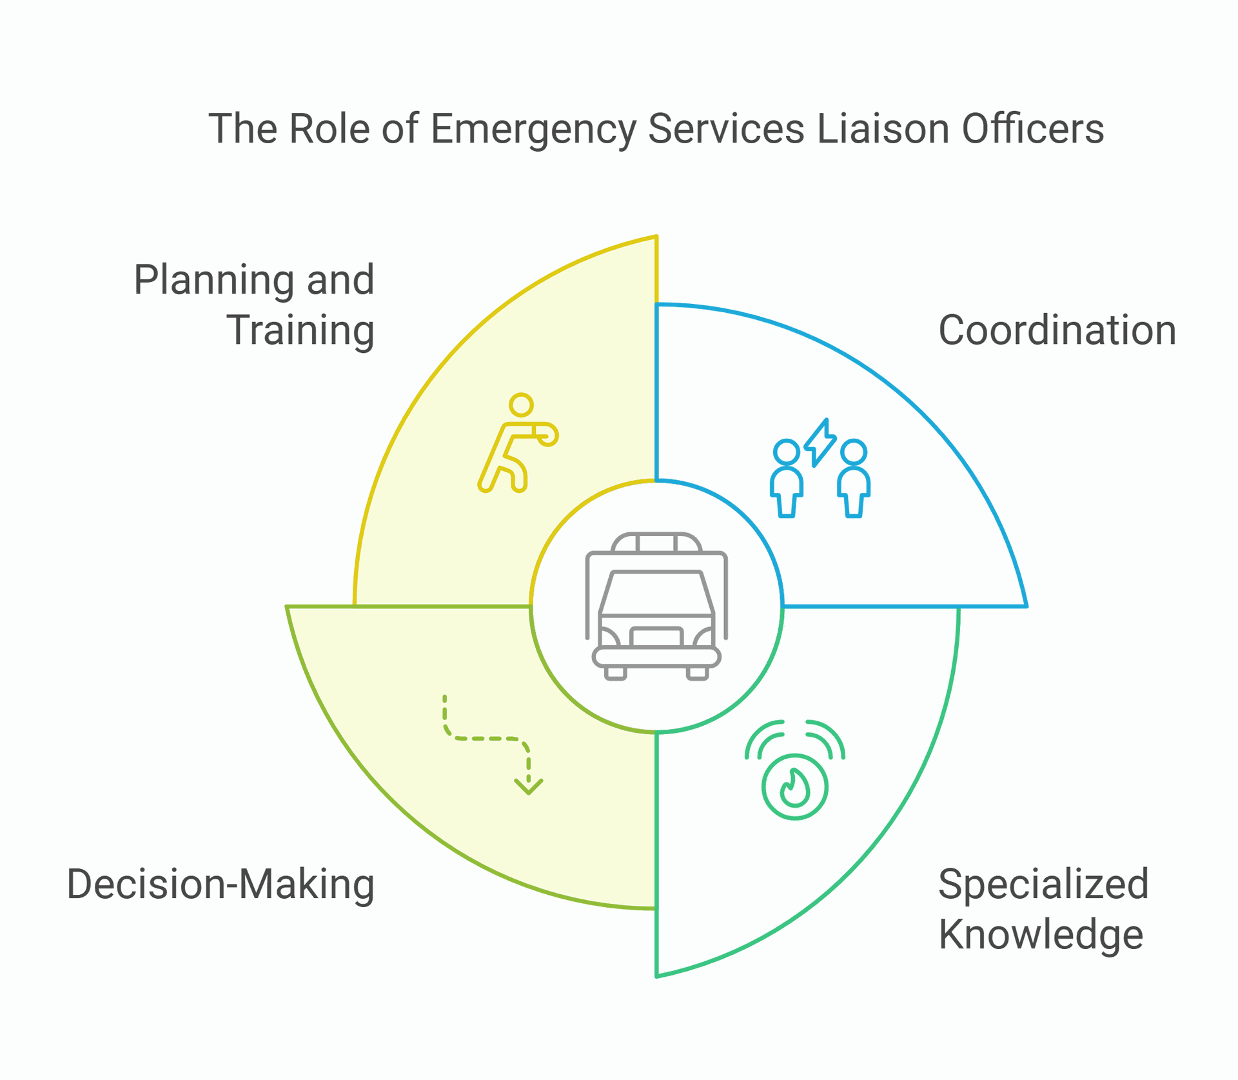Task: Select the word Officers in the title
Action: pyautogui.click(x=1033, y=128)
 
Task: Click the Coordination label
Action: pyautogui.click(x=1057, y=330)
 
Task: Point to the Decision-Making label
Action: pyautogui.click(x=221, y=885)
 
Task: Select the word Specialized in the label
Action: pyautogui.click(x=1043, y=885)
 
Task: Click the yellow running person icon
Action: pyautogui.click(x=518, y=443)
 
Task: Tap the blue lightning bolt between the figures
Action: pyautogui.click(x=820, y=442)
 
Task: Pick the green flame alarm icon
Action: pyautogui.click(x=794, y=769)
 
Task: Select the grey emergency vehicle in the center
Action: pyautogui.click(x=656, y=606)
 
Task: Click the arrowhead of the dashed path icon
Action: pyautogui.click(x=529, y=787)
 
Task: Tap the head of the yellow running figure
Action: pyautogui.click(x=521, y=405)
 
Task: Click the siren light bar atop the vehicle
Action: pyautogui.click(x=656, y=543)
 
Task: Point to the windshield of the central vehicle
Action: pyautogui.click(x=656, y=593)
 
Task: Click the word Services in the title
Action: pyautogui.click(x=726, y=128)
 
